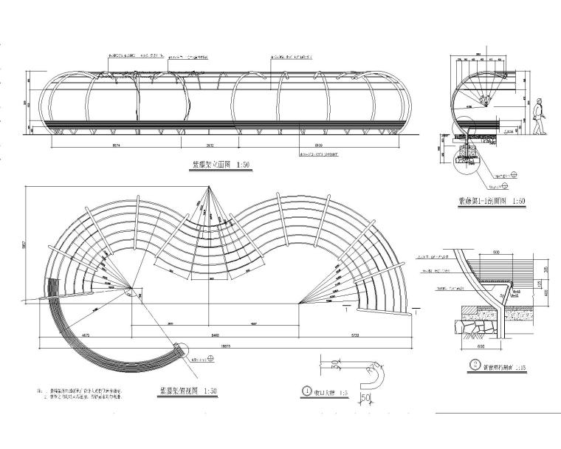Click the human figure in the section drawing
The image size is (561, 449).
pyautogui.click(x=540, y=117)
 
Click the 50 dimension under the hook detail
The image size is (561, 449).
pyautogui.click(x=365, y=400)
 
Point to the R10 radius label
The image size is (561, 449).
pyautogui.click(x=374, y=367)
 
